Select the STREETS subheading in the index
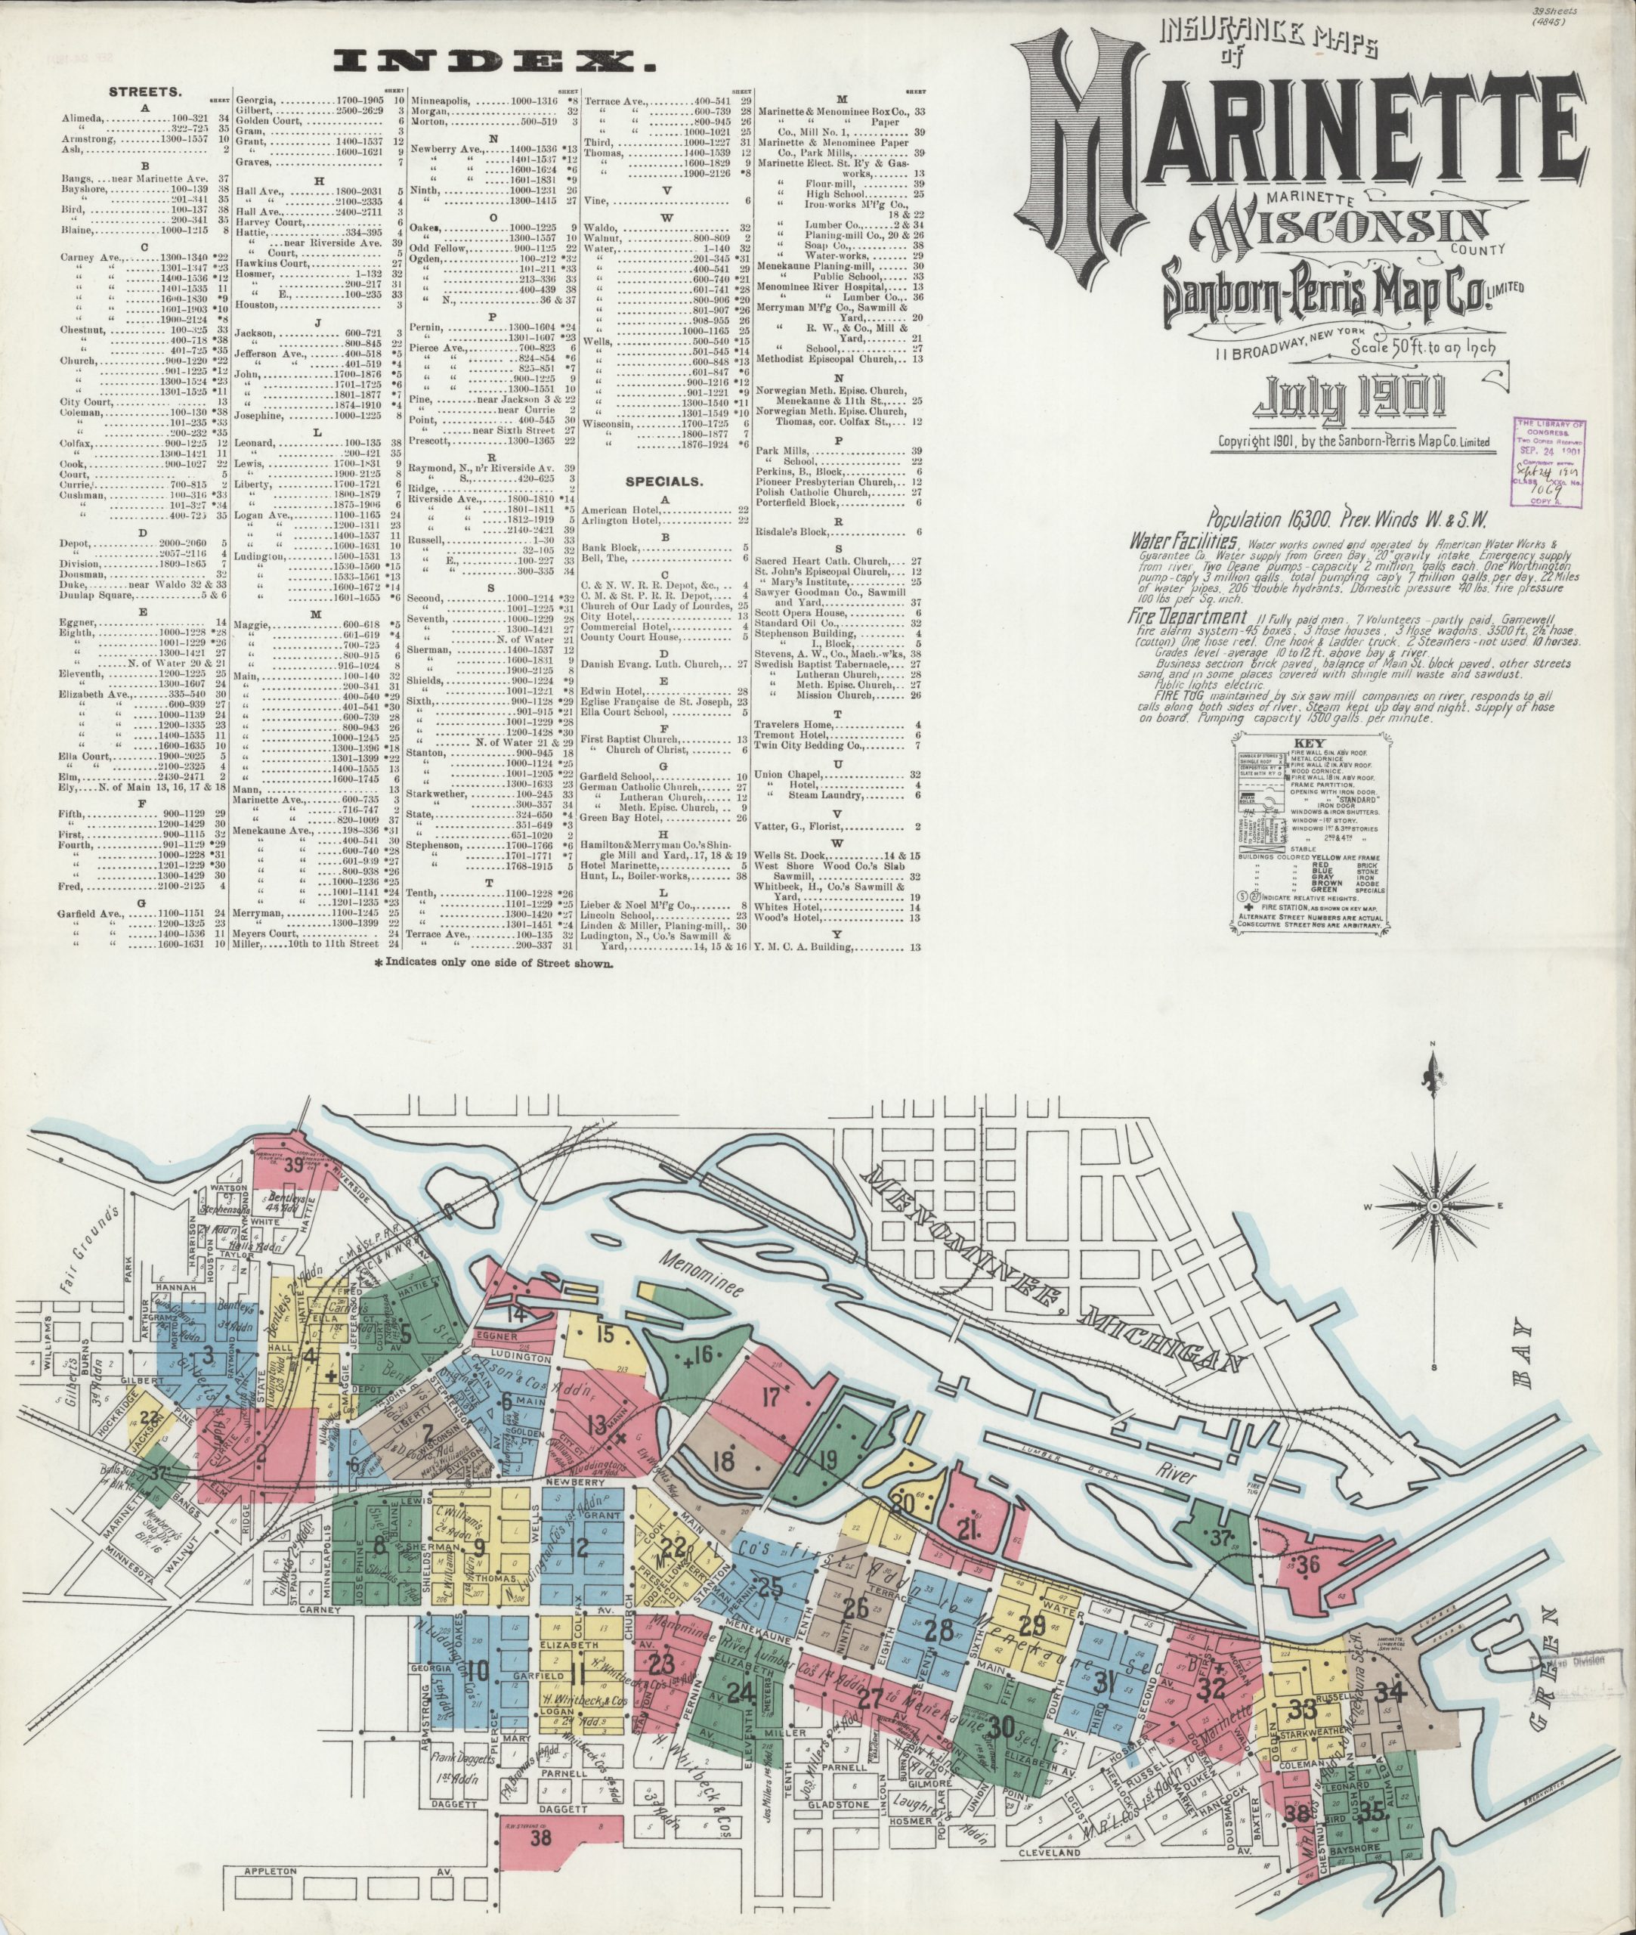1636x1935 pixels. click(144, 93)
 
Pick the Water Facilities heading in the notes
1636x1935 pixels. click(1183, 539)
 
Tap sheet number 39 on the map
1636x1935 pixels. click(293, 1167)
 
